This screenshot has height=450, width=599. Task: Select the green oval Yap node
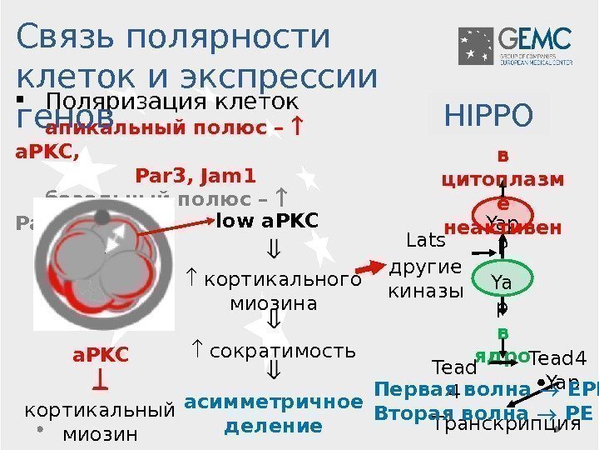[502, 283]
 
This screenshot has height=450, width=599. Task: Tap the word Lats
[425, 242]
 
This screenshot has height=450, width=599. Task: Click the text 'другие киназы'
[425, 280]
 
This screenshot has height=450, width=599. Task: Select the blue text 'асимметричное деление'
[273, 414]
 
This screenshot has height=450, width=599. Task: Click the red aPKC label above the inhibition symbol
[101, 355]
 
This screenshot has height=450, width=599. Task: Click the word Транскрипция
[506, 423]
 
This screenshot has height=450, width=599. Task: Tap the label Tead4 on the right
[558, 358]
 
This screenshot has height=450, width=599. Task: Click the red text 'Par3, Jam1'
[195, 176]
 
